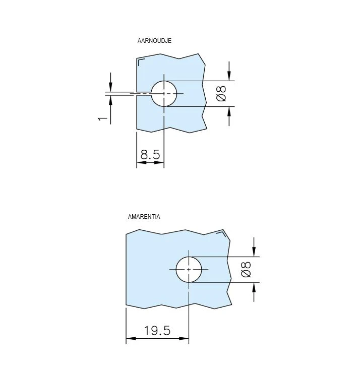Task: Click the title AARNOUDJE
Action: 154,41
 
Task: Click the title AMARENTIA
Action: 144,217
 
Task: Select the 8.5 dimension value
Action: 150,155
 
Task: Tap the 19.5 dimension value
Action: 157,331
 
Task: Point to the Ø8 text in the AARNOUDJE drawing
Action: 221,94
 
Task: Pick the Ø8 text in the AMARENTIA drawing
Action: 246,270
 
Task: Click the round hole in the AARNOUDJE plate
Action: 164,93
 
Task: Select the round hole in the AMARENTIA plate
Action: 189,270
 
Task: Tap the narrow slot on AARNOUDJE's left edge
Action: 143,94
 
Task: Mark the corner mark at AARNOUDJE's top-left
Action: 141,62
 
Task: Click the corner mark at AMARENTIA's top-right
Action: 222,232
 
